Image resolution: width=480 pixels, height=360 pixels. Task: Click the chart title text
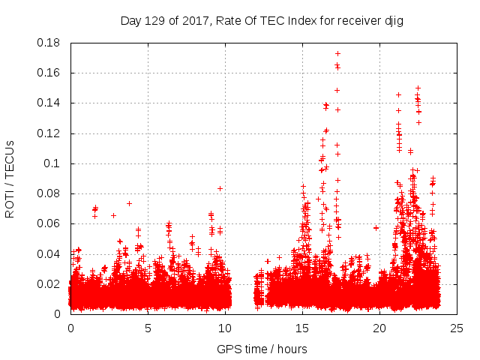click(x=262, y=20)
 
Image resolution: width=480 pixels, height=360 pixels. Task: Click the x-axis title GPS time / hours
click(x=262, y=349)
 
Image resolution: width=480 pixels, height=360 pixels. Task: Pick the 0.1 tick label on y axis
click(x=52, y=163)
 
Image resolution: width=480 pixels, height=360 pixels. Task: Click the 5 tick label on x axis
click(x=148, y=328)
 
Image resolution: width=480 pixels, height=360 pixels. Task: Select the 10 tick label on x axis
click(x=225, y=328)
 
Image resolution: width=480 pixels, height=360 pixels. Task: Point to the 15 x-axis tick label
click(x=302, y=328)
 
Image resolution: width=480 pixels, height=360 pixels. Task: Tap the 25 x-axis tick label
click(x=457, y=328)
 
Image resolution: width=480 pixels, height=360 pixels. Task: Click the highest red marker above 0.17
click(x=337, y=53)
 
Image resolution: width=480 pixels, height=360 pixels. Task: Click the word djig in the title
click(x=393, y=20)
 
